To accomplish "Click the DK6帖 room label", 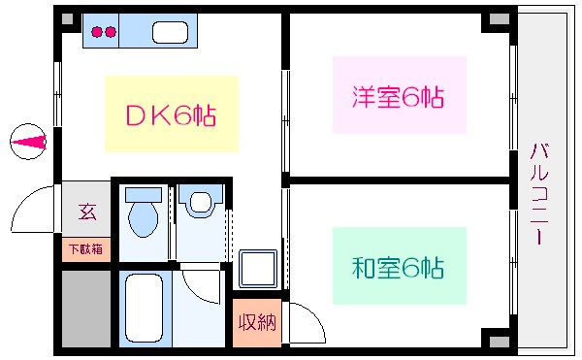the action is point(171,115).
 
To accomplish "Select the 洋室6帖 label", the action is point(399,97).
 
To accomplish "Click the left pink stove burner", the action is point(97,32).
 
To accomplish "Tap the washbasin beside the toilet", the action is point(200,203).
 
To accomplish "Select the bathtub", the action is point(143,309).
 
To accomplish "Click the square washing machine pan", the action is point(257,267).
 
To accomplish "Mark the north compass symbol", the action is point(28,143).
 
